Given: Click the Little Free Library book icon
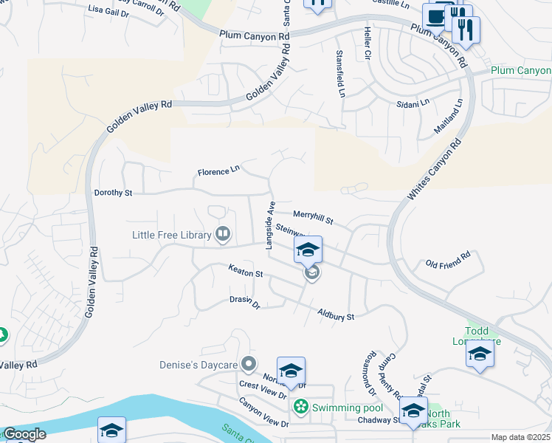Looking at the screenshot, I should point(222,236).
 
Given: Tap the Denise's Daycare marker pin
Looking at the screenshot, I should point(249,364).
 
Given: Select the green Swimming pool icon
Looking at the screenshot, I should point(301,407).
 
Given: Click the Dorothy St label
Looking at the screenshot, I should point(113,193).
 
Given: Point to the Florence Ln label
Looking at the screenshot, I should point(218,171).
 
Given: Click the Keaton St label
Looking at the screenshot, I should point(246,271).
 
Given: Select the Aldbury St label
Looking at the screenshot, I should point(336,315).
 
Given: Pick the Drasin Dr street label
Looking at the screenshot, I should point(245,302).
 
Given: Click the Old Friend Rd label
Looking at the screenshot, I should point(448,261).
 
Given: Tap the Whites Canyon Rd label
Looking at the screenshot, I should point(435,168).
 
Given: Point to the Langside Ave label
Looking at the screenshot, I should point(271,224).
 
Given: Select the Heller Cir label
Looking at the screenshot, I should point(367,44).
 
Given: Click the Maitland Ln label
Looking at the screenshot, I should point(449,116).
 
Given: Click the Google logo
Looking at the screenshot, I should point(24,434).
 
